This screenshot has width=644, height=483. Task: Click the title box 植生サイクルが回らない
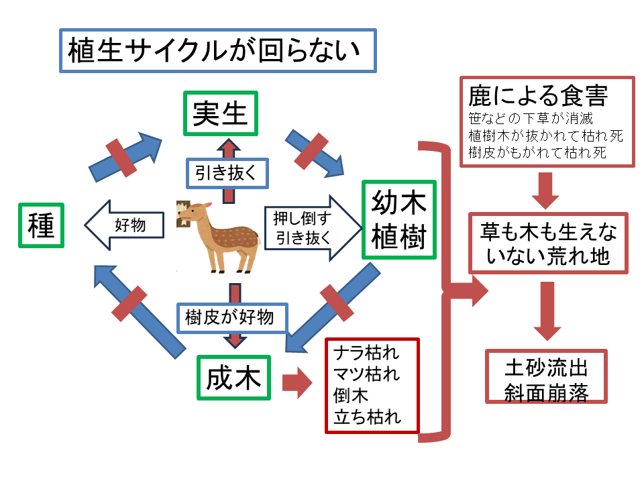217,50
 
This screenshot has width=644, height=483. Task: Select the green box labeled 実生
221,113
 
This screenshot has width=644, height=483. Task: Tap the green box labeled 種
41,225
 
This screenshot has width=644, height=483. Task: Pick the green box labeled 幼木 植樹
398,220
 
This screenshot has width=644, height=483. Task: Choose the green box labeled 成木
233,378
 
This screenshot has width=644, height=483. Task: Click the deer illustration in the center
217,237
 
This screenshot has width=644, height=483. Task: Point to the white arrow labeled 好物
125,225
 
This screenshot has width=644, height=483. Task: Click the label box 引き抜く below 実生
227,173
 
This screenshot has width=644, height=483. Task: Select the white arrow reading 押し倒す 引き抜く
313,228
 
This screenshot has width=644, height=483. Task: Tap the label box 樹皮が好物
232,318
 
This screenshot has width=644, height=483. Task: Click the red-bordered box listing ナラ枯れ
372,386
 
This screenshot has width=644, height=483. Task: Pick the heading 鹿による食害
538,96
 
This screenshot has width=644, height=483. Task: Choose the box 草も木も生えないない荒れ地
548,243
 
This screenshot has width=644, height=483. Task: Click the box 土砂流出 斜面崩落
546,376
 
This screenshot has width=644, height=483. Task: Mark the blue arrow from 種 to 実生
125,157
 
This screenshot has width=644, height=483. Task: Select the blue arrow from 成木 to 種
140,312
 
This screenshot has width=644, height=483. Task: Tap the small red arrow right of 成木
297,382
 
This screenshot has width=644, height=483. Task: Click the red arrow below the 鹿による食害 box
545,191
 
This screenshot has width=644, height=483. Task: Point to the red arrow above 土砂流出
547,311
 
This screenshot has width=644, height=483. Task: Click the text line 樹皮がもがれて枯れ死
537,153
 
